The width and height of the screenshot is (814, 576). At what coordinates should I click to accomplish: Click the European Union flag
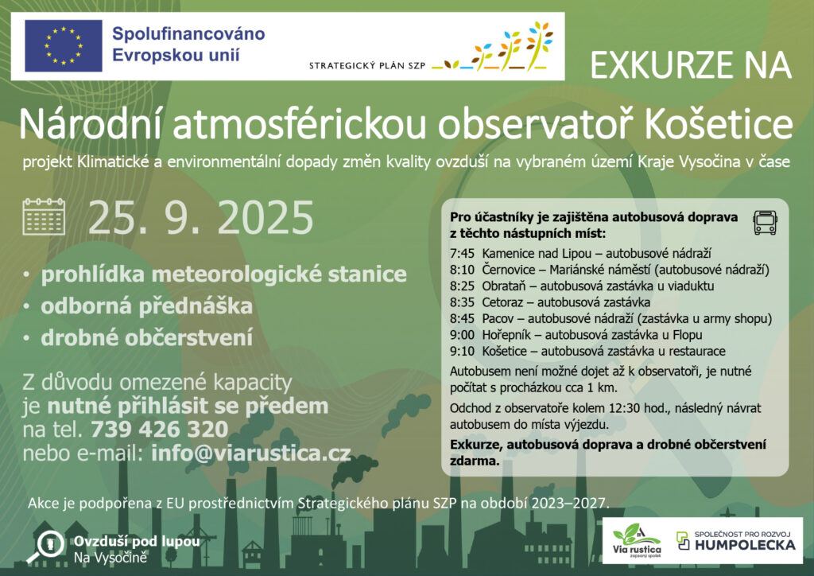[x=64, y=45]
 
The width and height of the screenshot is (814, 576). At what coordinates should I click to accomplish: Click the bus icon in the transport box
[x=766, y=222]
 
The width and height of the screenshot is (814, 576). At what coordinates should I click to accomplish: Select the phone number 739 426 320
[x=159, y=430]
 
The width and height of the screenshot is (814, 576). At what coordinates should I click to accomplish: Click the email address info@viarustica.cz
[x=251, y=453]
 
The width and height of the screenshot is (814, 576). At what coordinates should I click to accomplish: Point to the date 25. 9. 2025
[x=201, y=218]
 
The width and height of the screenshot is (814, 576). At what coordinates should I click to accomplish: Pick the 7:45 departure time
[x=462, y=254]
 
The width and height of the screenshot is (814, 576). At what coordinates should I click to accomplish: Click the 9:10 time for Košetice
[x=462, y=351]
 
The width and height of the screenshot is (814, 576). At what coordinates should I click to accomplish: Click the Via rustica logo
[x=637, y=541]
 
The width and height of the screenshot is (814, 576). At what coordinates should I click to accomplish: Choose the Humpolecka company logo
[x=736, y=541]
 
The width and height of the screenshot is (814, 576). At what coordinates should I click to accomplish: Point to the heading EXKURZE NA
[x=691, y=65]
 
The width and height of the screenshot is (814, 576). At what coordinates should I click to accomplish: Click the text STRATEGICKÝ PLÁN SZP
[x=367, y=66]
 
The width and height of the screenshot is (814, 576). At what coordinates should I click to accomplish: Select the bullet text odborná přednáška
[x=147, y=306]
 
